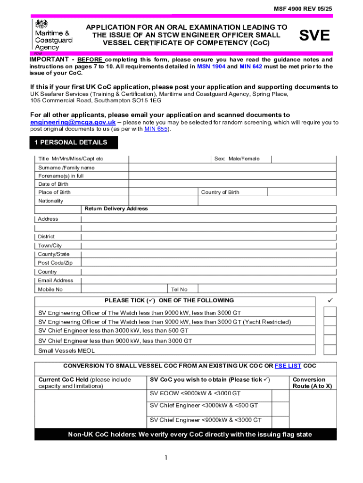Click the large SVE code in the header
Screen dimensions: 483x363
click(314, 35)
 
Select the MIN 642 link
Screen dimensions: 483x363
click(252, 67)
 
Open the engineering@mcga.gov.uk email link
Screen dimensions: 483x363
click(73, 122)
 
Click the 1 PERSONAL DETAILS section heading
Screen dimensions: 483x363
click(74, 142)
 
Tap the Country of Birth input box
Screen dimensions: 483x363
click(302, 192)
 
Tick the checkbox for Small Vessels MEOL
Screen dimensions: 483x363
click(330, 350)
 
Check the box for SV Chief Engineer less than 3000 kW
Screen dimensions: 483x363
click(330, 331)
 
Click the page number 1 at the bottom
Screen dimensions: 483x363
click(166, 458)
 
